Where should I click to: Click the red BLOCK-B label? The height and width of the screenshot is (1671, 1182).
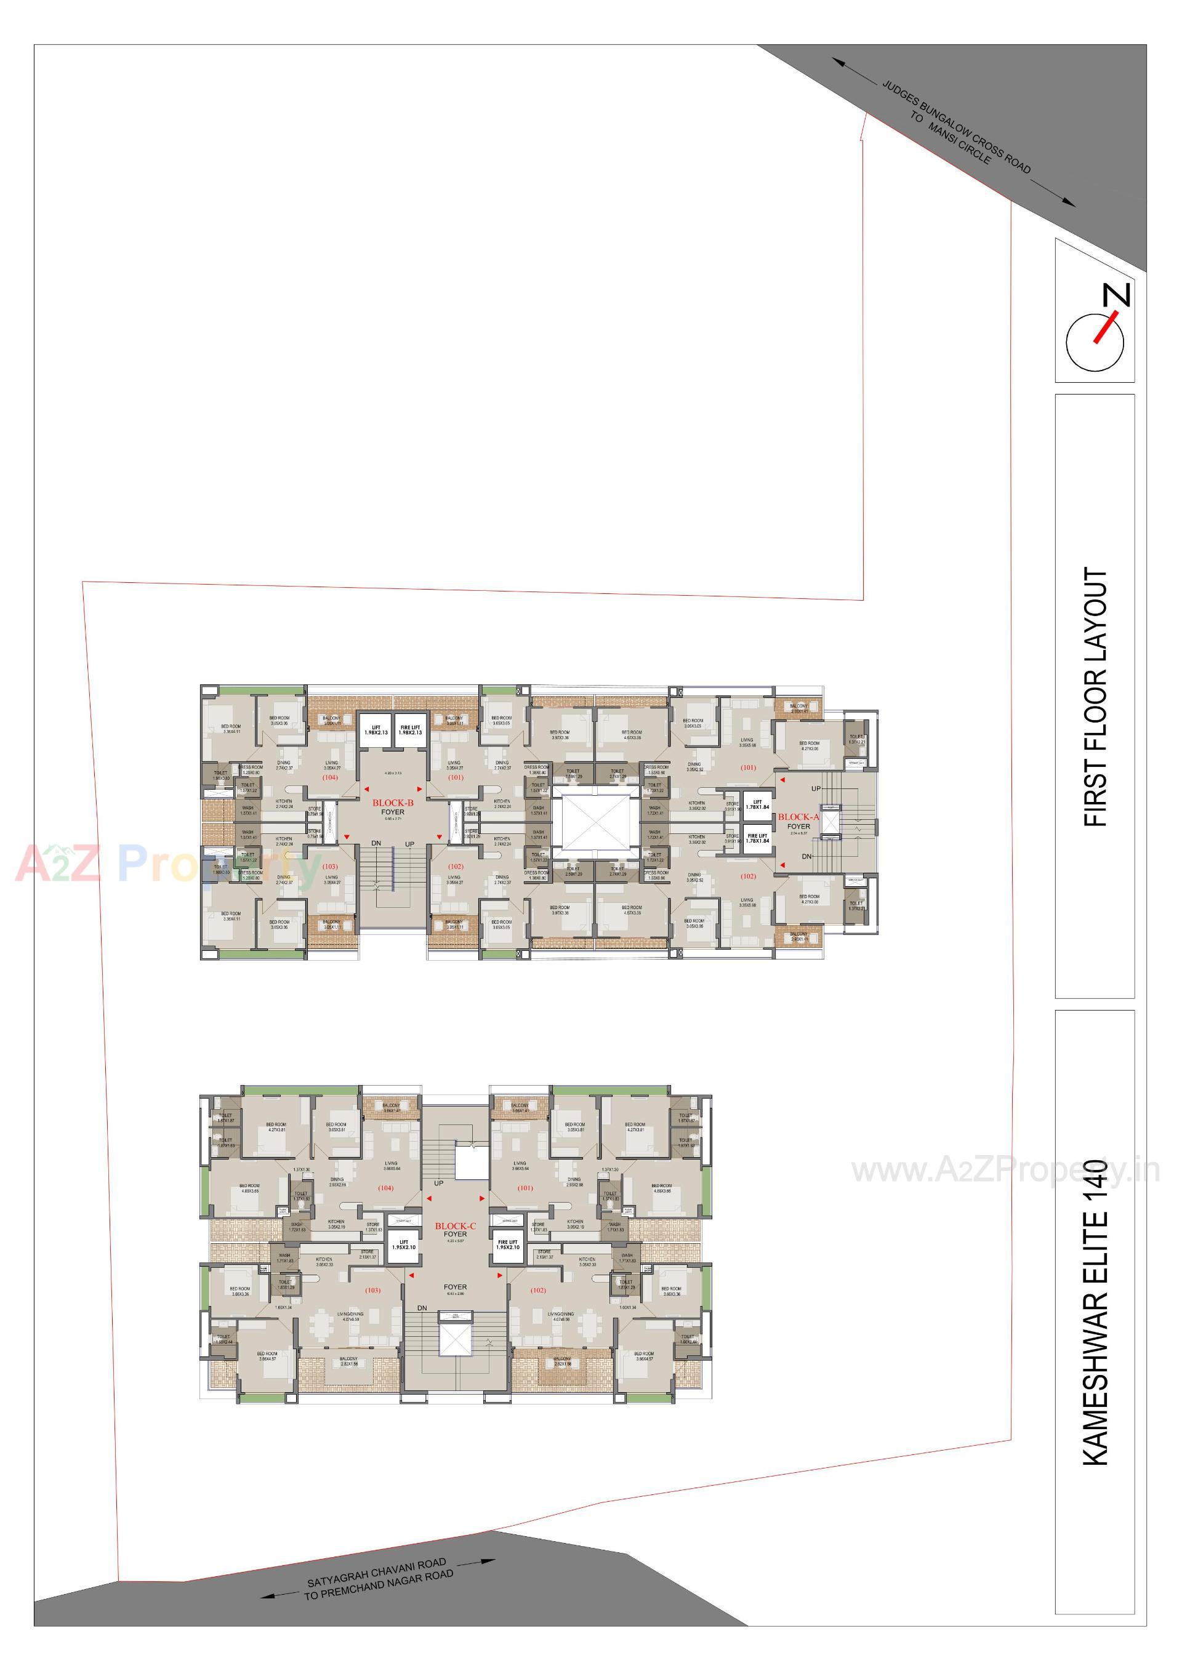[393, 803]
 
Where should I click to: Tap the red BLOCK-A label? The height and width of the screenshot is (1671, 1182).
[798, 817]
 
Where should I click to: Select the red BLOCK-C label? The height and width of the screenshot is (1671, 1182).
[456, 1225]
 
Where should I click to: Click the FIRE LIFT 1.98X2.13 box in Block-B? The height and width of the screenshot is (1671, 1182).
[410, 730]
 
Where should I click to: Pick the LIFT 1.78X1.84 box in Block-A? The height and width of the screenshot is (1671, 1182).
[757, 804]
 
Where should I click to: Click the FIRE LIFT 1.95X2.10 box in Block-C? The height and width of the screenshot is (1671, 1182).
[507, 1244]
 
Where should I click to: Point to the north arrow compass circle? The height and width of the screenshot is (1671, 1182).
[1094, 342]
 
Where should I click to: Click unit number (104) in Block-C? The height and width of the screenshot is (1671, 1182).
[386, 1188]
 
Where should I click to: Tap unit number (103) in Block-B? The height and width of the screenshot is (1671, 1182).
[330, 866]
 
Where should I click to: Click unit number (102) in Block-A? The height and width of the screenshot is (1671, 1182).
[748, 876]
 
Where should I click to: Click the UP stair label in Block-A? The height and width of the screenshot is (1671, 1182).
[816, 788]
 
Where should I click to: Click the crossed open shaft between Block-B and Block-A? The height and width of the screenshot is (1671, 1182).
[596, 821]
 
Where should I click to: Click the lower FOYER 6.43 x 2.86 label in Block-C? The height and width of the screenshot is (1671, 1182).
[455, 1288]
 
